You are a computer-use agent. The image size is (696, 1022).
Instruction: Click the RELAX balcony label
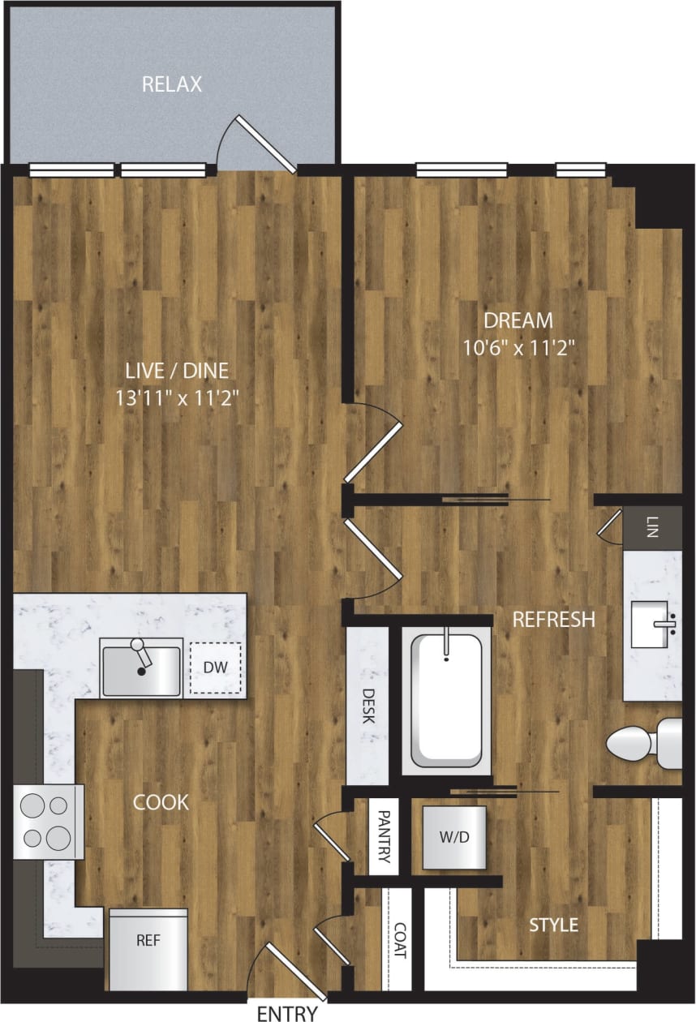click(172, 84)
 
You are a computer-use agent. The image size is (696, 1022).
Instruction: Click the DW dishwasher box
click(214, 669)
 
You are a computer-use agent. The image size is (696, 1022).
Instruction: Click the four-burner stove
click(46, 821)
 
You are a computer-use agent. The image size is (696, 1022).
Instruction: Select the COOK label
click(161, 803)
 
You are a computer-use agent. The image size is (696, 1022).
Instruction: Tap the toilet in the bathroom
click(645, 741)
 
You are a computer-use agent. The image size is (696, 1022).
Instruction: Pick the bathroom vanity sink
click(654, 628)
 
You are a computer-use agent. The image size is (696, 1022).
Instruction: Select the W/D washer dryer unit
click(453, 838)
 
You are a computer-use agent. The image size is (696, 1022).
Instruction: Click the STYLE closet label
click(553, 925)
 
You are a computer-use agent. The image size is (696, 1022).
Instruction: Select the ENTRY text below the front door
click(287, 1012)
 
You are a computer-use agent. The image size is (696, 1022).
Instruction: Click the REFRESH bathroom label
click(553, 620)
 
